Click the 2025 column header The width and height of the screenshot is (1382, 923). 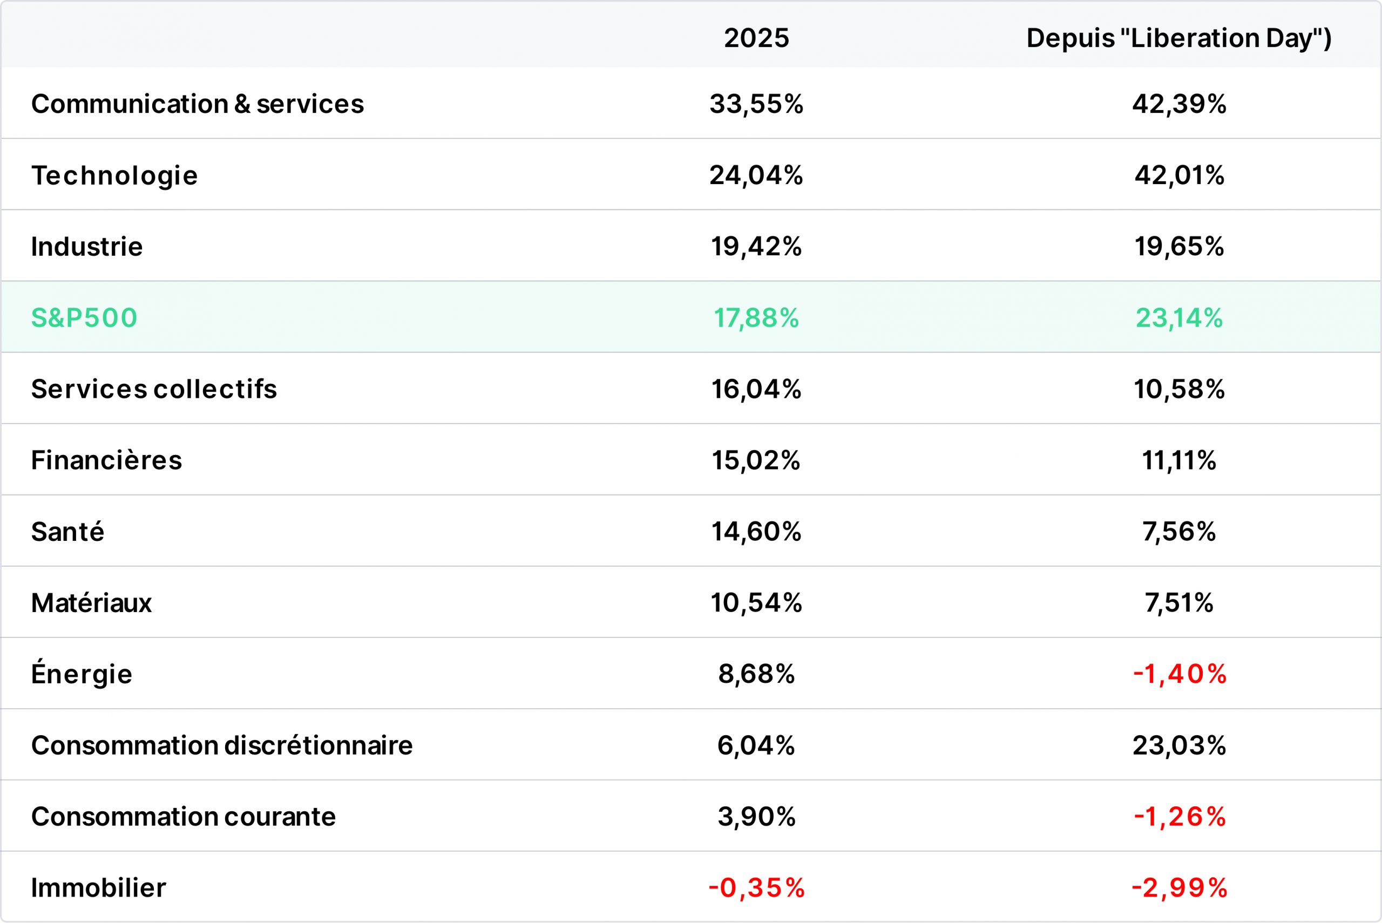(756, 38)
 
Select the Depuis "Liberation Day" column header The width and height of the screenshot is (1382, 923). (1179, 38)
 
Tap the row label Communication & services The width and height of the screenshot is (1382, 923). (198, 104)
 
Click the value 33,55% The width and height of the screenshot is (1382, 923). (756, 104)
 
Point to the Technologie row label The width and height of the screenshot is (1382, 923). (114, 176)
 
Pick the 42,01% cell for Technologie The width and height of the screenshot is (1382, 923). (1179, 175)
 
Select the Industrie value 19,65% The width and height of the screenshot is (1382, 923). (1179, 247)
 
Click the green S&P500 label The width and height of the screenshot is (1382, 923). (84, 318)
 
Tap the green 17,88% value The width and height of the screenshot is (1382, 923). (756, 318)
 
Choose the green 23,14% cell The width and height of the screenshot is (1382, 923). (1179, 318)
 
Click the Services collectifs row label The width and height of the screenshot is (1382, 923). (154, 389)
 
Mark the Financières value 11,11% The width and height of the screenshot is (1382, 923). (1179, 460)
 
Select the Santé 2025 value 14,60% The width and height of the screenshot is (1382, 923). (756, 532)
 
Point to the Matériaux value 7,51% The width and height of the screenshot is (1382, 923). (1179, 603)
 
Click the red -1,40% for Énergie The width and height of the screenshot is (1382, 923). (1180, 674)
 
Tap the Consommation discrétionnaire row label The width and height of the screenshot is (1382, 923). (222, 745)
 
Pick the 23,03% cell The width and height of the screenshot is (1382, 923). (1179, 745)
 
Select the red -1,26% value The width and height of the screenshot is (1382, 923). (1180, 817)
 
